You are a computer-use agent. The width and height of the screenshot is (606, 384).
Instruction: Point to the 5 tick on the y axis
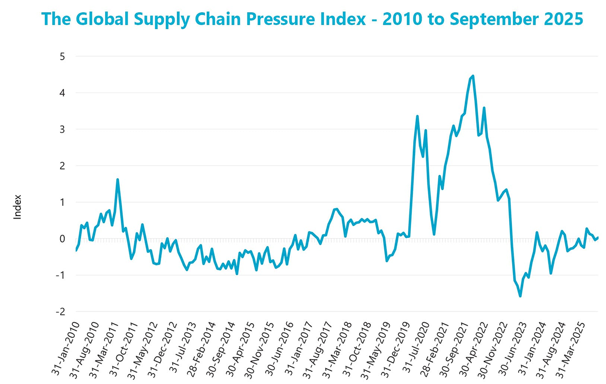coord(63,56)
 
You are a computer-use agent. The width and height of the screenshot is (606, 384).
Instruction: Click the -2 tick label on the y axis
coord(61,312)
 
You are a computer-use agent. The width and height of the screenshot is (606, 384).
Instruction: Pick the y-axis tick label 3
coord(63,129)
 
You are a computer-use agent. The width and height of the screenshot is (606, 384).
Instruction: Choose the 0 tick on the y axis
coord(63,238)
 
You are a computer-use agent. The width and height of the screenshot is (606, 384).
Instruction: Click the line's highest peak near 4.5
coord(473,76)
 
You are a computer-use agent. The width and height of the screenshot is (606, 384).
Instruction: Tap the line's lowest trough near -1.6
coord(520,296)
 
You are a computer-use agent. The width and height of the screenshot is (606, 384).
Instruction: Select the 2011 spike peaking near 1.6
coord(118,179)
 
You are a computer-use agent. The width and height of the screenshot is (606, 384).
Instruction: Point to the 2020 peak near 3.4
coord(417,116)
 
